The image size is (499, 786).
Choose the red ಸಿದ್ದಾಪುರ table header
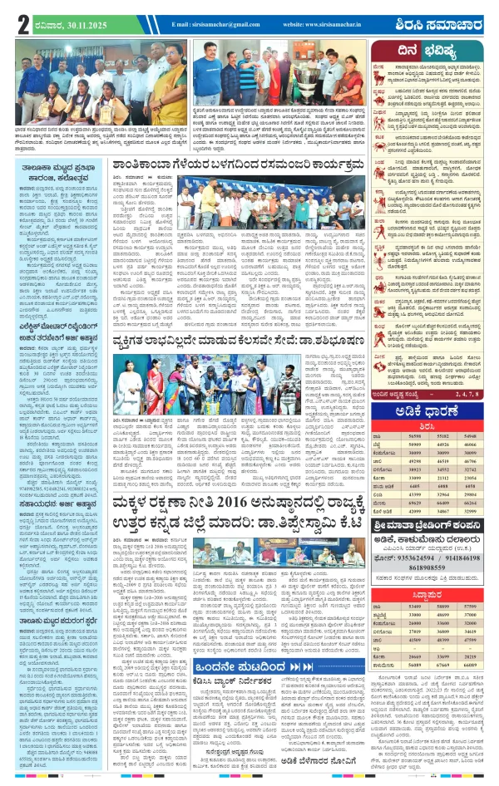click(435, 594)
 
